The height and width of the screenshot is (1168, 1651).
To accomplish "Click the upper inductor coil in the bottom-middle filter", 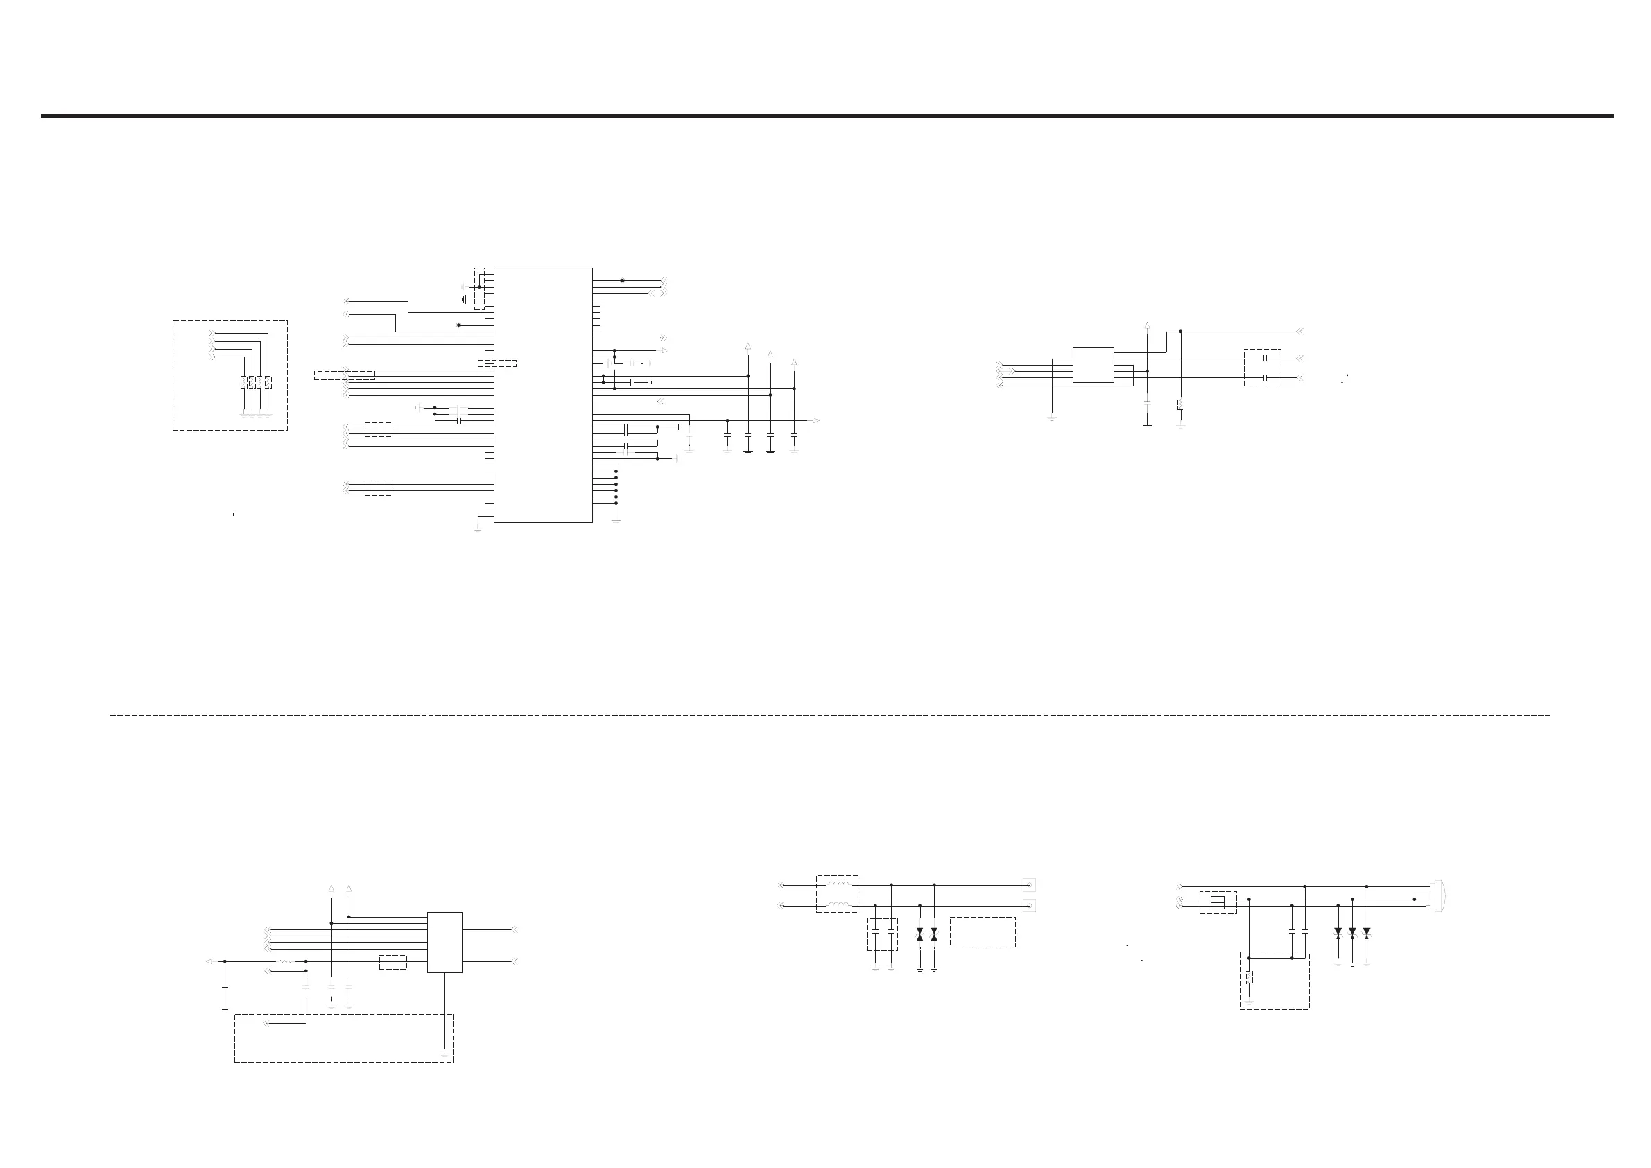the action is point(838,884).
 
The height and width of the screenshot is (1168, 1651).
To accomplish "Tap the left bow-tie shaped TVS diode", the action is point(919,935).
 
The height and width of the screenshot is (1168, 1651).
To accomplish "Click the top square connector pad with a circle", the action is point(1029,884).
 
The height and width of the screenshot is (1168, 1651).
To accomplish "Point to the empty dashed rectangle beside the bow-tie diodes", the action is point(983,931).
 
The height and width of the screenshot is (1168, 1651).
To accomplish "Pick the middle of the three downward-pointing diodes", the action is point(1352,932).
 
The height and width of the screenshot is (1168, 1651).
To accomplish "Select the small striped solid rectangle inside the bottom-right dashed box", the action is point(1217,902).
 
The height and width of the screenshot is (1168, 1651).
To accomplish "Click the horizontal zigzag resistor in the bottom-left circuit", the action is point(284,961).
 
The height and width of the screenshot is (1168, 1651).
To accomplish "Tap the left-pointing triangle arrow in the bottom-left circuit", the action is point(209,961).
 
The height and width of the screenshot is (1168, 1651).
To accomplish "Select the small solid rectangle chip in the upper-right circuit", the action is point(1093,365).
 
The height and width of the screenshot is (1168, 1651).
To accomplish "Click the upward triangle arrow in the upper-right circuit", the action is point(1147,325).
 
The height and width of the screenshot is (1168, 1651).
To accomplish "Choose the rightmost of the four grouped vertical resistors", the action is point(268,382).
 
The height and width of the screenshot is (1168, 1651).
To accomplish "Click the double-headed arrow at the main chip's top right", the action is point(657,293).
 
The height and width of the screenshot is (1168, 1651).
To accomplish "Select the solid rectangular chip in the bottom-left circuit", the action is point(444,942).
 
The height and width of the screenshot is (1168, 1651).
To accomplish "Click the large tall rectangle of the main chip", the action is point(543,395).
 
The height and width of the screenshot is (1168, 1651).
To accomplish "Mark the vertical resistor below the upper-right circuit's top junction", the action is point(1181,403).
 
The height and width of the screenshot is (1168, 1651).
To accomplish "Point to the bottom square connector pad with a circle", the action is point(1029,906).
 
